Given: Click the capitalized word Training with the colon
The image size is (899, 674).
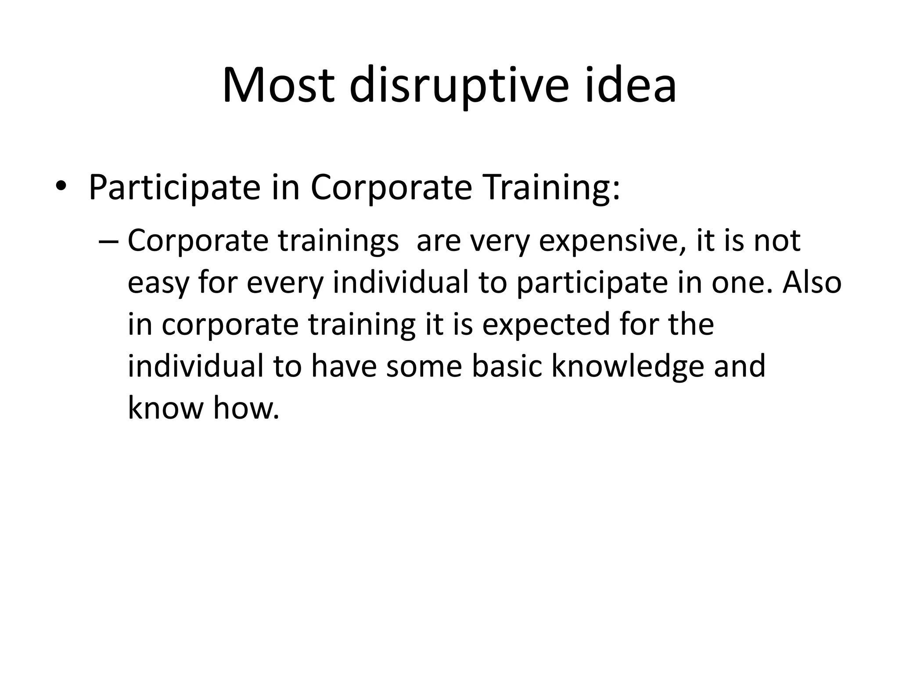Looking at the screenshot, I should (x=551, y=187).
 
